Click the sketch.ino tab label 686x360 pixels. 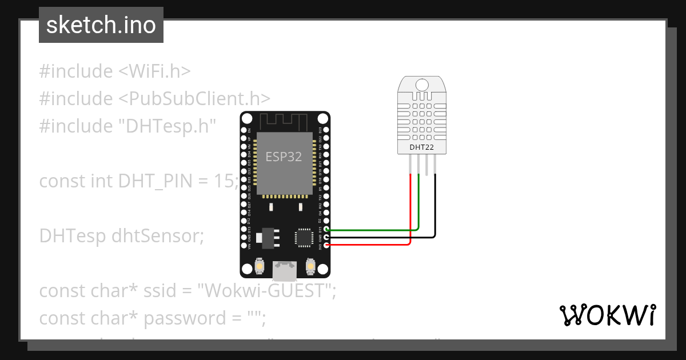pyautogui.click(x=101, y=25)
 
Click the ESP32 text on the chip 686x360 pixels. pyautogui.click(x=284, y=157)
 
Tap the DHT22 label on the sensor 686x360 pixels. pyautogui.click(x=422, y=147)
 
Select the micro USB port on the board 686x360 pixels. pyautogui.click(x=284, y=270)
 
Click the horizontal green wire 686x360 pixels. pyautogui.click(x=372, y=230)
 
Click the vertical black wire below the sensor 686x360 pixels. pyautogui.click(x=435, y=206)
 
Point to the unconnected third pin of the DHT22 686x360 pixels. pyautogui.click(x=427, y=164)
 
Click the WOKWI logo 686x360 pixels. pyautogui.click(x=607, y=315)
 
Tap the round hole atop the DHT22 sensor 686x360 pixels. pyautogui.click(x=422, y=85)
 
